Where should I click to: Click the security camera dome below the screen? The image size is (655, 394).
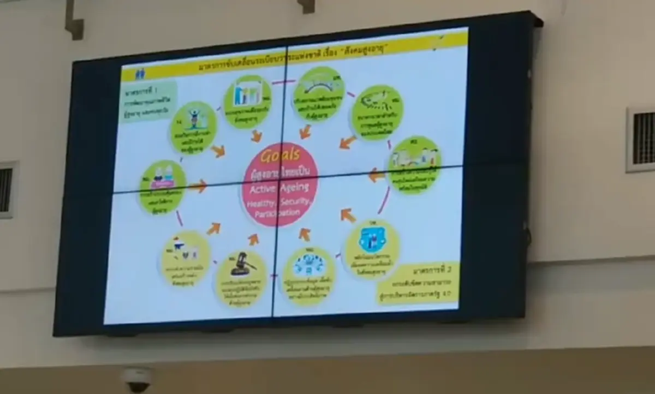(136, 379)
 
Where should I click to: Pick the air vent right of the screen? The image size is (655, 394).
(641, 139)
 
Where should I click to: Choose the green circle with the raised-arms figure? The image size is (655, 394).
(193, 128)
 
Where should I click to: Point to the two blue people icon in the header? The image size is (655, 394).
(140, 73)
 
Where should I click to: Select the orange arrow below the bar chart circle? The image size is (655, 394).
(256, 136)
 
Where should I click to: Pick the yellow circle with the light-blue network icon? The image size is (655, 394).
(308, 276)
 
